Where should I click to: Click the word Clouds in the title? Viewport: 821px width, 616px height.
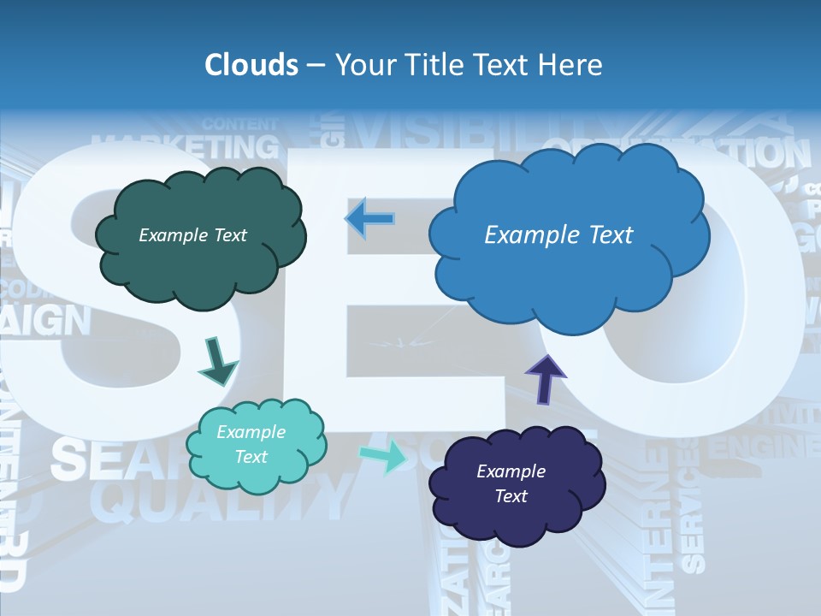251,65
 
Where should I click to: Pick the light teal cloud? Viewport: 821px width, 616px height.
257,475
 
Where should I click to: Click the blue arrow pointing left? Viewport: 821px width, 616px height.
369,219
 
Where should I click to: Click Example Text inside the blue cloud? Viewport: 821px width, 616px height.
558,234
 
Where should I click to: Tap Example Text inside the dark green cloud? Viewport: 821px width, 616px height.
192,235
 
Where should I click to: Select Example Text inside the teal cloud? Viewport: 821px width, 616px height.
251,444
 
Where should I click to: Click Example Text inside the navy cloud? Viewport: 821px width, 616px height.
511,483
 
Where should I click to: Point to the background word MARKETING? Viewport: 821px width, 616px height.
186,145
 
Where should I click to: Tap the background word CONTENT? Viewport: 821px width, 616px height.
240,123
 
